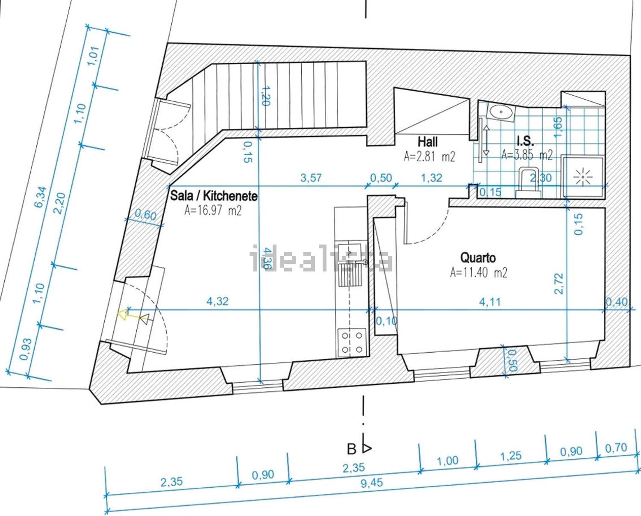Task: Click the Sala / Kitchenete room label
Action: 214,196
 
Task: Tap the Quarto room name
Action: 478,258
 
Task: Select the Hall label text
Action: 428,142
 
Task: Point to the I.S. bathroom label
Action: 526,141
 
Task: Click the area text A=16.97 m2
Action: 213,211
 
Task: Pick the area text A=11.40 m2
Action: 479,272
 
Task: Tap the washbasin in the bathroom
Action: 501,112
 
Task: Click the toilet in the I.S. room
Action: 528,182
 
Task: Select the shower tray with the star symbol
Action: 583,177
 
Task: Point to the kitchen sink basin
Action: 350,253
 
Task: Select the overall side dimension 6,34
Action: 41,197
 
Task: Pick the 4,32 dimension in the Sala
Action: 218,301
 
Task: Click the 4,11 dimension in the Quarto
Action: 490,302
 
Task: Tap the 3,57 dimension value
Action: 311,178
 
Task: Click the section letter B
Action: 351,449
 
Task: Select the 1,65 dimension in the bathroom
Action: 558,127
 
